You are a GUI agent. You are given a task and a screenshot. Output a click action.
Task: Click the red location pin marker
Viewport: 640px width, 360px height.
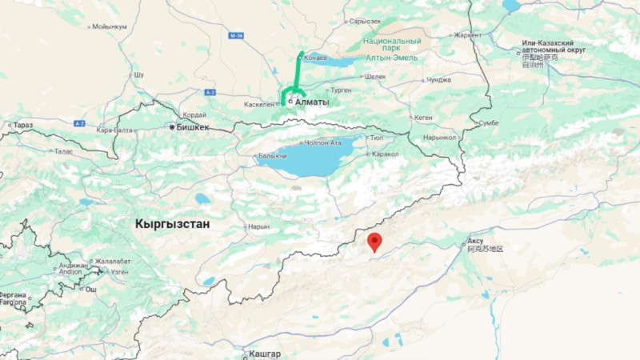374,242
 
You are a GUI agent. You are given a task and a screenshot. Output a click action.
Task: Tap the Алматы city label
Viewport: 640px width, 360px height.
312,102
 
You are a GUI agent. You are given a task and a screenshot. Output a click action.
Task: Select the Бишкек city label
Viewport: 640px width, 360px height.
192,127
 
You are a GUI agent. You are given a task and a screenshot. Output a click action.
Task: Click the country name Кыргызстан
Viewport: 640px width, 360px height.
172,224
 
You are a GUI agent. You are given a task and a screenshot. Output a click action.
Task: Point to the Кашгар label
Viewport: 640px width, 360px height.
266,354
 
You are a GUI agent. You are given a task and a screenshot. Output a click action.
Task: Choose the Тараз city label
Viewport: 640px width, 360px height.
23,126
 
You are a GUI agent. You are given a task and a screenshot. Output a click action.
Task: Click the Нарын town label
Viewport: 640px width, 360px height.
259,226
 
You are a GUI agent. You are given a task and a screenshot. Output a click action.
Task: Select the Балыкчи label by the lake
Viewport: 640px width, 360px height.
271,156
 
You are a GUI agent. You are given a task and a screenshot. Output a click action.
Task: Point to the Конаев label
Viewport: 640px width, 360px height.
316,57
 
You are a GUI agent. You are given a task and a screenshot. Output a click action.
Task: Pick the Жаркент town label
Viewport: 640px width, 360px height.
468,35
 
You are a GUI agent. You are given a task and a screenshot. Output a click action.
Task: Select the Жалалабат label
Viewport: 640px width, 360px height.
113,261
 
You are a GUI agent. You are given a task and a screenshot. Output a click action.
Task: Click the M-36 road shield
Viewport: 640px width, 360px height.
234,36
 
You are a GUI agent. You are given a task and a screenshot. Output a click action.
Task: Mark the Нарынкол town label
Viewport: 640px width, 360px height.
440,137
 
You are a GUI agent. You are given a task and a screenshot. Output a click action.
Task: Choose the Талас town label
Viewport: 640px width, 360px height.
62,150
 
